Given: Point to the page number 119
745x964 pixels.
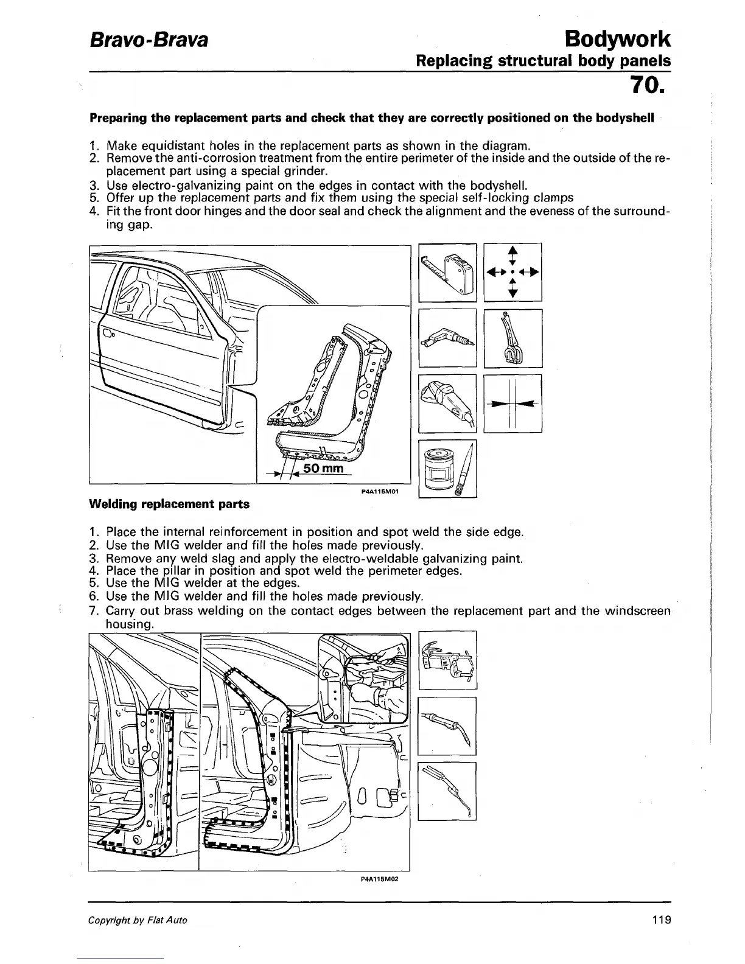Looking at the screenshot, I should point(660,920).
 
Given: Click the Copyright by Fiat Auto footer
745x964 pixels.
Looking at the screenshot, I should point(138,920).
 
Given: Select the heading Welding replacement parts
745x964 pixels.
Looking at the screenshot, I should point(169,504).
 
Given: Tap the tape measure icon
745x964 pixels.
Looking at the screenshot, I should point(448,272).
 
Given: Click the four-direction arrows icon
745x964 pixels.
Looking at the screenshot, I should point(512,272).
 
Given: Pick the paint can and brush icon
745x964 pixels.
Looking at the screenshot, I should point(448,469).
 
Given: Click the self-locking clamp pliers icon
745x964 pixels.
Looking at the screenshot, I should point(512,338).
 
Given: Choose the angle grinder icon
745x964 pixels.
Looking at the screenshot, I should point(448,403).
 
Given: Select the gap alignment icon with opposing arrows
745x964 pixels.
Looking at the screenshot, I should point(512,403).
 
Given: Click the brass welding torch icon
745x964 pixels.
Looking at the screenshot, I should point(448,791).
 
